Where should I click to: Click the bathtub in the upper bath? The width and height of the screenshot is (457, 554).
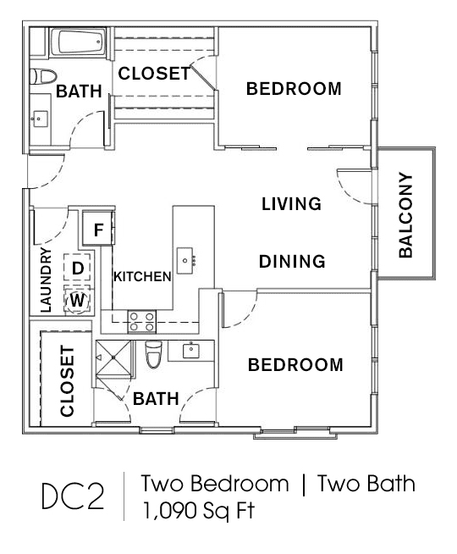[78, 42]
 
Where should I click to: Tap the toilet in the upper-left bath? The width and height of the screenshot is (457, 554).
[43, 76]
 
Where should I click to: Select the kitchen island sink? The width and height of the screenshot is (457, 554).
[185, 260]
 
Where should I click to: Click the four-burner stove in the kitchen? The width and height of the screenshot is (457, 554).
[142, 322]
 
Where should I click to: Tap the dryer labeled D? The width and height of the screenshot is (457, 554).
[77, 268]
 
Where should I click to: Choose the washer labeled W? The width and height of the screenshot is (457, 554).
[77, 300]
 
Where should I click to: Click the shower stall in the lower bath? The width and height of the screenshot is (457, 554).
[113, 357]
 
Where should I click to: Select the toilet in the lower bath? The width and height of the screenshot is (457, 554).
[153, 354]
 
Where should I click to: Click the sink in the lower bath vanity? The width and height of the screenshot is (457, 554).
[191, 351]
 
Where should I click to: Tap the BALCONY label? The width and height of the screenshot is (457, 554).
[405, 215]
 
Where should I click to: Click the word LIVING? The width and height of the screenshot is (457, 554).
[291, 204]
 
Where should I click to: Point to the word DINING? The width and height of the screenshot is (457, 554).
[292, 262]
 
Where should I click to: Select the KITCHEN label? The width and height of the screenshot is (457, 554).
[142, 277]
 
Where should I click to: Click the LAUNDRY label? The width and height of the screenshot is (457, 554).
[46, 280]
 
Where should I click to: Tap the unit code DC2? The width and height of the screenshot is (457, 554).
[73, 496]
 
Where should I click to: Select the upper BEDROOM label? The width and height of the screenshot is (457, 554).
[294, 88]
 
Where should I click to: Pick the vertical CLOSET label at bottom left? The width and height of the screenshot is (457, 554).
[67, 381]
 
